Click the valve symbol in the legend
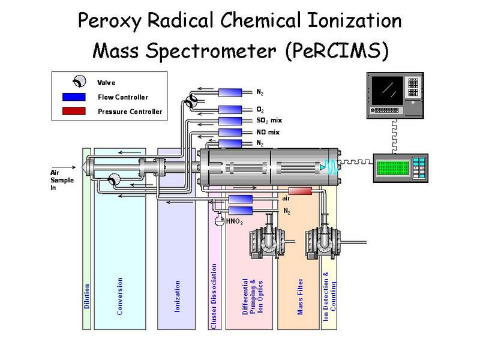78,82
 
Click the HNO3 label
235,222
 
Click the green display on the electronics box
394,168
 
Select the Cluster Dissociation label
214,295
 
